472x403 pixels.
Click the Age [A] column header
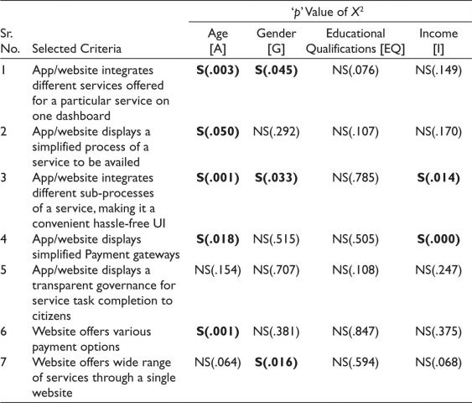218,41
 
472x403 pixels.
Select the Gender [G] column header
276,41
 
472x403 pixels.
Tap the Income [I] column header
438,41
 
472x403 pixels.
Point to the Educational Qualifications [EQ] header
355,41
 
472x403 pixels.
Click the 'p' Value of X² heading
328,12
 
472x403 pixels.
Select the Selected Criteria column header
77,49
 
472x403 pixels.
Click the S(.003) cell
218,71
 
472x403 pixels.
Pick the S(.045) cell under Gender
276,71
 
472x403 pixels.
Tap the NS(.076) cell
355,71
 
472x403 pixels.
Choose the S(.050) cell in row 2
218,132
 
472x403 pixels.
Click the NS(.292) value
276,132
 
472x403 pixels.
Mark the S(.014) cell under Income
438,178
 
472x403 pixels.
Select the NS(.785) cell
355,178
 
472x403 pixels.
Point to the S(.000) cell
438,239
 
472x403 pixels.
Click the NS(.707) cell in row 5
276,270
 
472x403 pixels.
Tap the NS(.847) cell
355,332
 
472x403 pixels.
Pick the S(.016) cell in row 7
276,363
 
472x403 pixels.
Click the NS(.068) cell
438,363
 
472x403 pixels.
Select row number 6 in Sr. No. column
3,332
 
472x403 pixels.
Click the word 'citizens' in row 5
51,317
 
